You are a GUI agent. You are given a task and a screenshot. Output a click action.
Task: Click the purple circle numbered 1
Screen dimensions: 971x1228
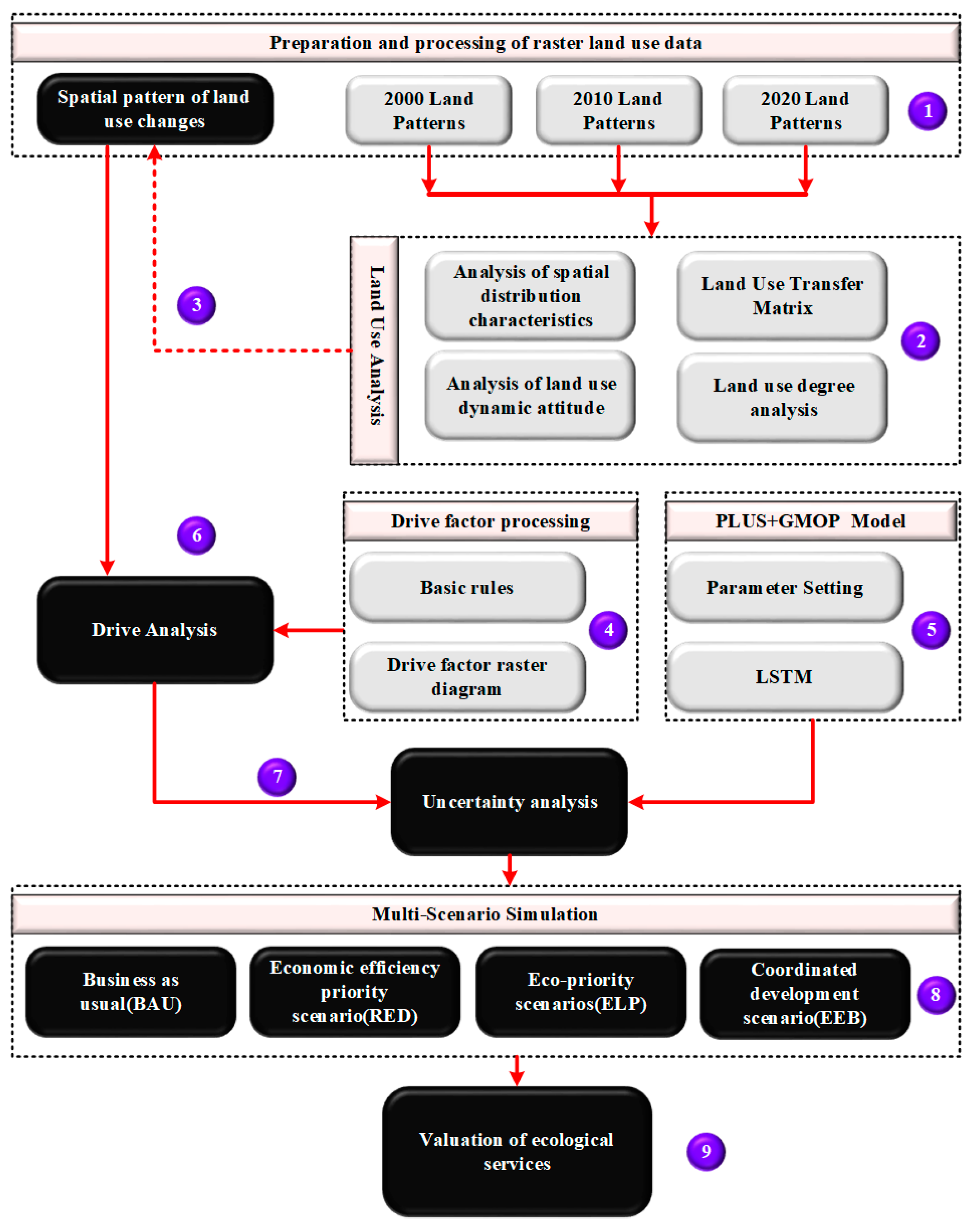(927, 112)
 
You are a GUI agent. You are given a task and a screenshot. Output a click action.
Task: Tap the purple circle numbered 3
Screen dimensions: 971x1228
(197, 305)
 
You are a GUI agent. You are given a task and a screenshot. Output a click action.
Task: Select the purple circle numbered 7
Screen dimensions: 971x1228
(277, 777)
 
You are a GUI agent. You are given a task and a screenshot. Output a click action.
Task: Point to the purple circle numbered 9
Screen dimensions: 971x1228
(706, 1152)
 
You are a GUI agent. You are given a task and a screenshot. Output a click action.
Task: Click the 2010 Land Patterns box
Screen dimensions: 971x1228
(619, 110)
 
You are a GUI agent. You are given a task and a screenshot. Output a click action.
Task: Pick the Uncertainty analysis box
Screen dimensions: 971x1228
(510, 802)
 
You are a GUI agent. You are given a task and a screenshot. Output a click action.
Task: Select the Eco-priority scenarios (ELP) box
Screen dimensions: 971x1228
(581, 992)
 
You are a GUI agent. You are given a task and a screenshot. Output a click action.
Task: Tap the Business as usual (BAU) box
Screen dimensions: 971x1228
(131, 992)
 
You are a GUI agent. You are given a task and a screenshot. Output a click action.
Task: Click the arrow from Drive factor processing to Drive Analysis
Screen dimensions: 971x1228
(309, 630)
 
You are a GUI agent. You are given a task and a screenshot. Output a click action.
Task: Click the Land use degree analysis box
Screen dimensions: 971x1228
(782, 398)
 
